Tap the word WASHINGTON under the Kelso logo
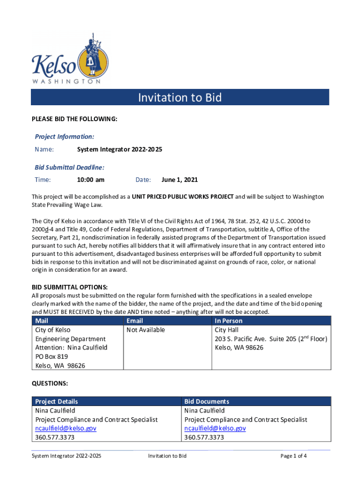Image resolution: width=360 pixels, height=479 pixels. coord(66,81)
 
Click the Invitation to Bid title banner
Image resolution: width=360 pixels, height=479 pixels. coord(180,97)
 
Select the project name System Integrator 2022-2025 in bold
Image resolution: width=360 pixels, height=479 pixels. coord(120,150)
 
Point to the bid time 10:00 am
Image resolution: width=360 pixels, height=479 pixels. coord(91,180)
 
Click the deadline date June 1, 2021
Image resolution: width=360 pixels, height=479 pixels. coord(180,180)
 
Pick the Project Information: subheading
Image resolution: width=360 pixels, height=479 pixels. coord(65,137)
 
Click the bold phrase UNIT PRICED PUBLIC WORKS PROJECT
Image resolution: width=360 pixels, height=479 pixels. coord(182,197)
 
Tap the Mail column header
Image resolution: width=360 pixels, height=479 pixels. coord(42,321)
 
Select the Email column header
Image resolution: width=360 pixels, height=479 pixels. coord(135,321)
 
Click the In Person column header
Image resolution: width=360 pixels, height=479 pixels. coord(229,321)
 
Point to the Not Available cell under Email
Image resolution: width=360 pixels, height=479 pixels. coord(146,330)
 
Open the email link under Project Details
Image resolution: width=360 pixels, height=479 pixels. coord(65,428)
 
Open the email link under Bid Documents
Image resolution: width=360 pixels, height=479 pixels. coord(215,428)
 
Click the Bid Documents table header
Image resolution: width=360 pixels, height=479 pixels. coord(207,401)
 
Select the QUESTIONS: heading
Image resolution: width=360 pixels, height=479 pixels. coord(50,384)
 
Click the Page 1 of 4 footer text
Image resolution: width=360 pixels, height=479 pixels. coord(294,456)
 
